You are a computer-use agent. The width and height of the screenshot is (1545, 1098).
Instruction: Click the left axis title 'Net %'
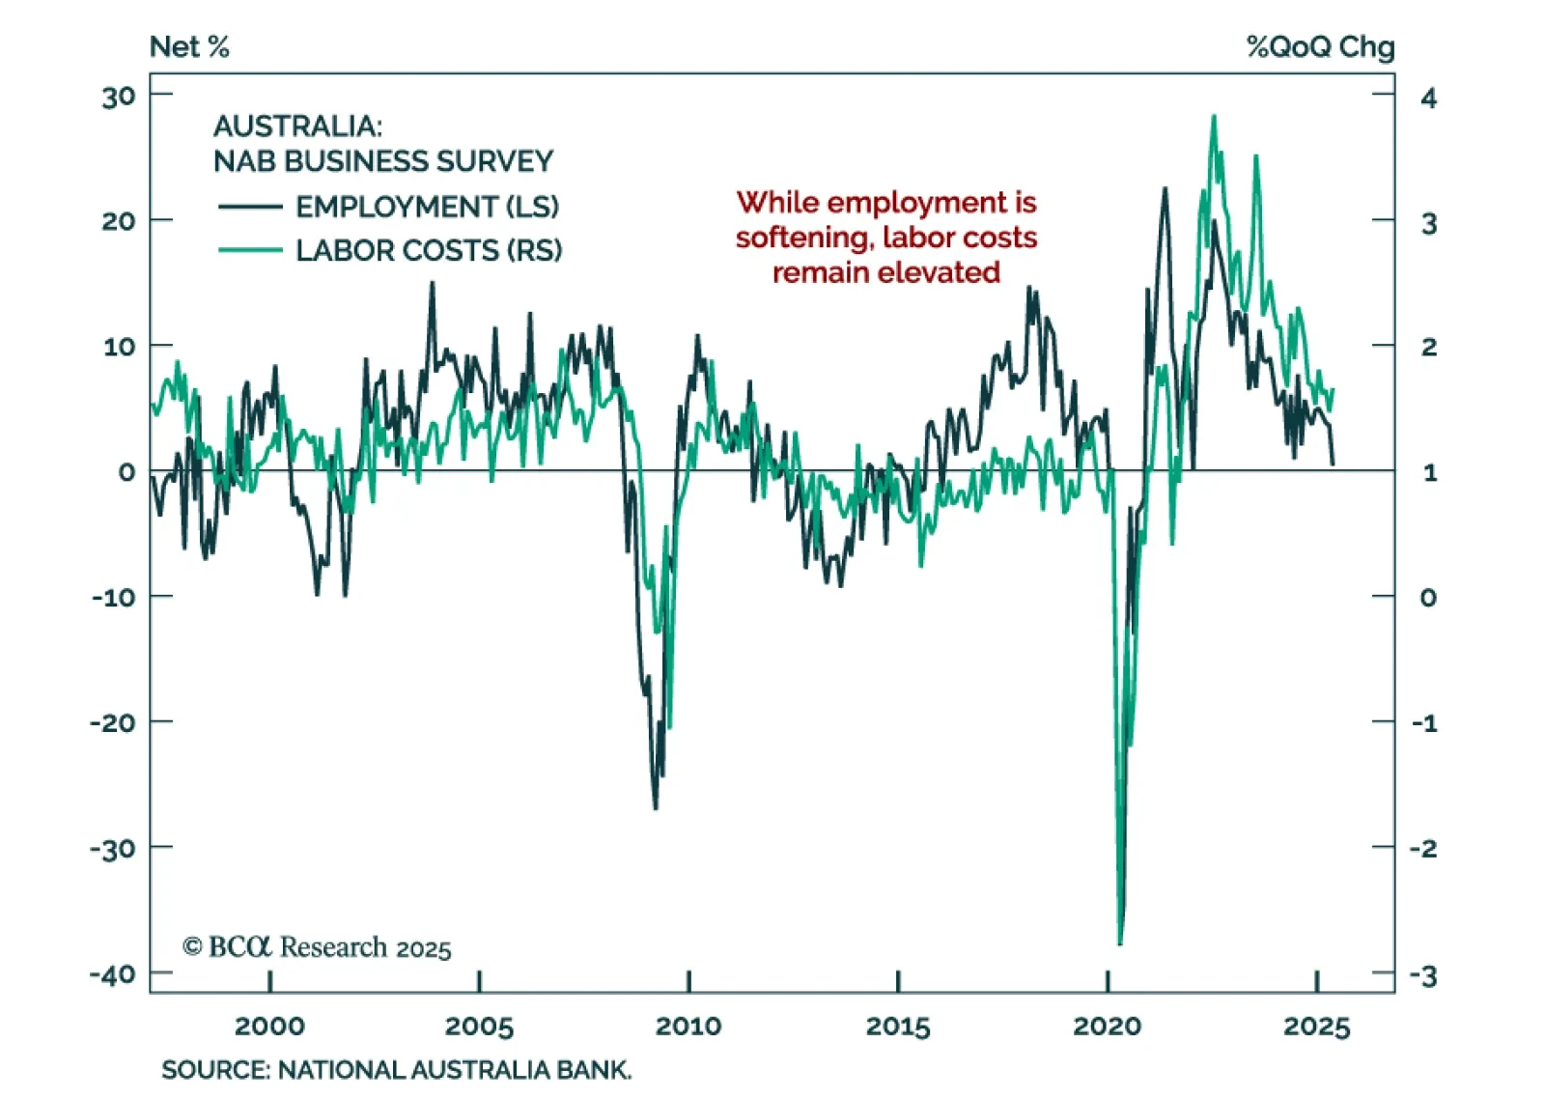click(x=189, y=46)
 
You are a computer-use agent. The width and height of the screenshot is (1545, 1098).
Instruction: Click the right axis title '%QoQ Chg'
click(x=1320, y=46)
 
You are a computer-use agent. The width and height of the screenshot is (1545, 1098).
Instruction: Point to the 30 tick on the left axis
click(x=119, y=97)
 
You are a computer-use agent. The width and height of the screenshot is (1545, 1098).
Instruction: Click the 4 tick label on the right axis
click(x=1428, y=98)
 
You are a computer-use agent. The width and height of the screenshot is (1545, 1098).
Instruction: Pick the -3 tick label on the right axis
click(x=1423, y=976)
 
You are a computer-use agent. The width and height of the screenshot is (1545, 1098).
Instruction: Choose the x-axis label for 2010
click(x=688, y=1026)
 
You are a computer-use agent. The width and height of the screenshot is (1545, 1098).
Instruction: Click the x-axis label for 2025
click(x=1316, y=1026)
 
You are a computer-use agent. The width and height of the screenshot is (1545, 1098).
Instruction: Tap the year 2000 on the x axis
click(x=269, y=1026)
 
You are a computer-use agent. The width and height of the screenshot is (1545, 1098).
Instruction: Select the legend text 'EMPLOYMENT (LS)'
click(x=427, y=207)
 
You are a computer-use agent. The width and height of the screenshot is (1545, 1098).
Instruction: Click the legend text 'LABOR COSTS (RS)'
click(x=429, y=251)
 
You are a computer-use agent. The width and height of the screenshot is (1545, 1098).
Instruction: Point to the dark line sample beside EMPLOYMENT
click(x=250, y=207)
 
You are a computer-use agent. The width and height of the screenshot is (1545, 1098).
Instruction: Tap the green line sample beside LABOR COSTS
click(x=250, y=251)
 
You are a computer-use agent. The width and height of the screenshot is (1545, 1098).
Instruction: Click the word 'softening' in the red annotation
click(x=803, y=238)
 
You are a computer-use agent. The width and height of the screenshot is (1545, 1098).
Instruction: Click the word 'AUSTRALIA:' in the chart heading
click(x=297, y=127)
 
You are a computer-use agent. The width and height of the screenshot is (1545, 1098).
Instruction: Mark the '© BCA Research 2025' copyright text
click(x=317, y=947)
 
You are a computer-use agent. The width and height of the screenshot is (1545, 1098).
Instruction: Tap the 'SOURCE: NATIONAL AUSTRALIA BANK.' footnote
click(x=396, y=1070)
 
